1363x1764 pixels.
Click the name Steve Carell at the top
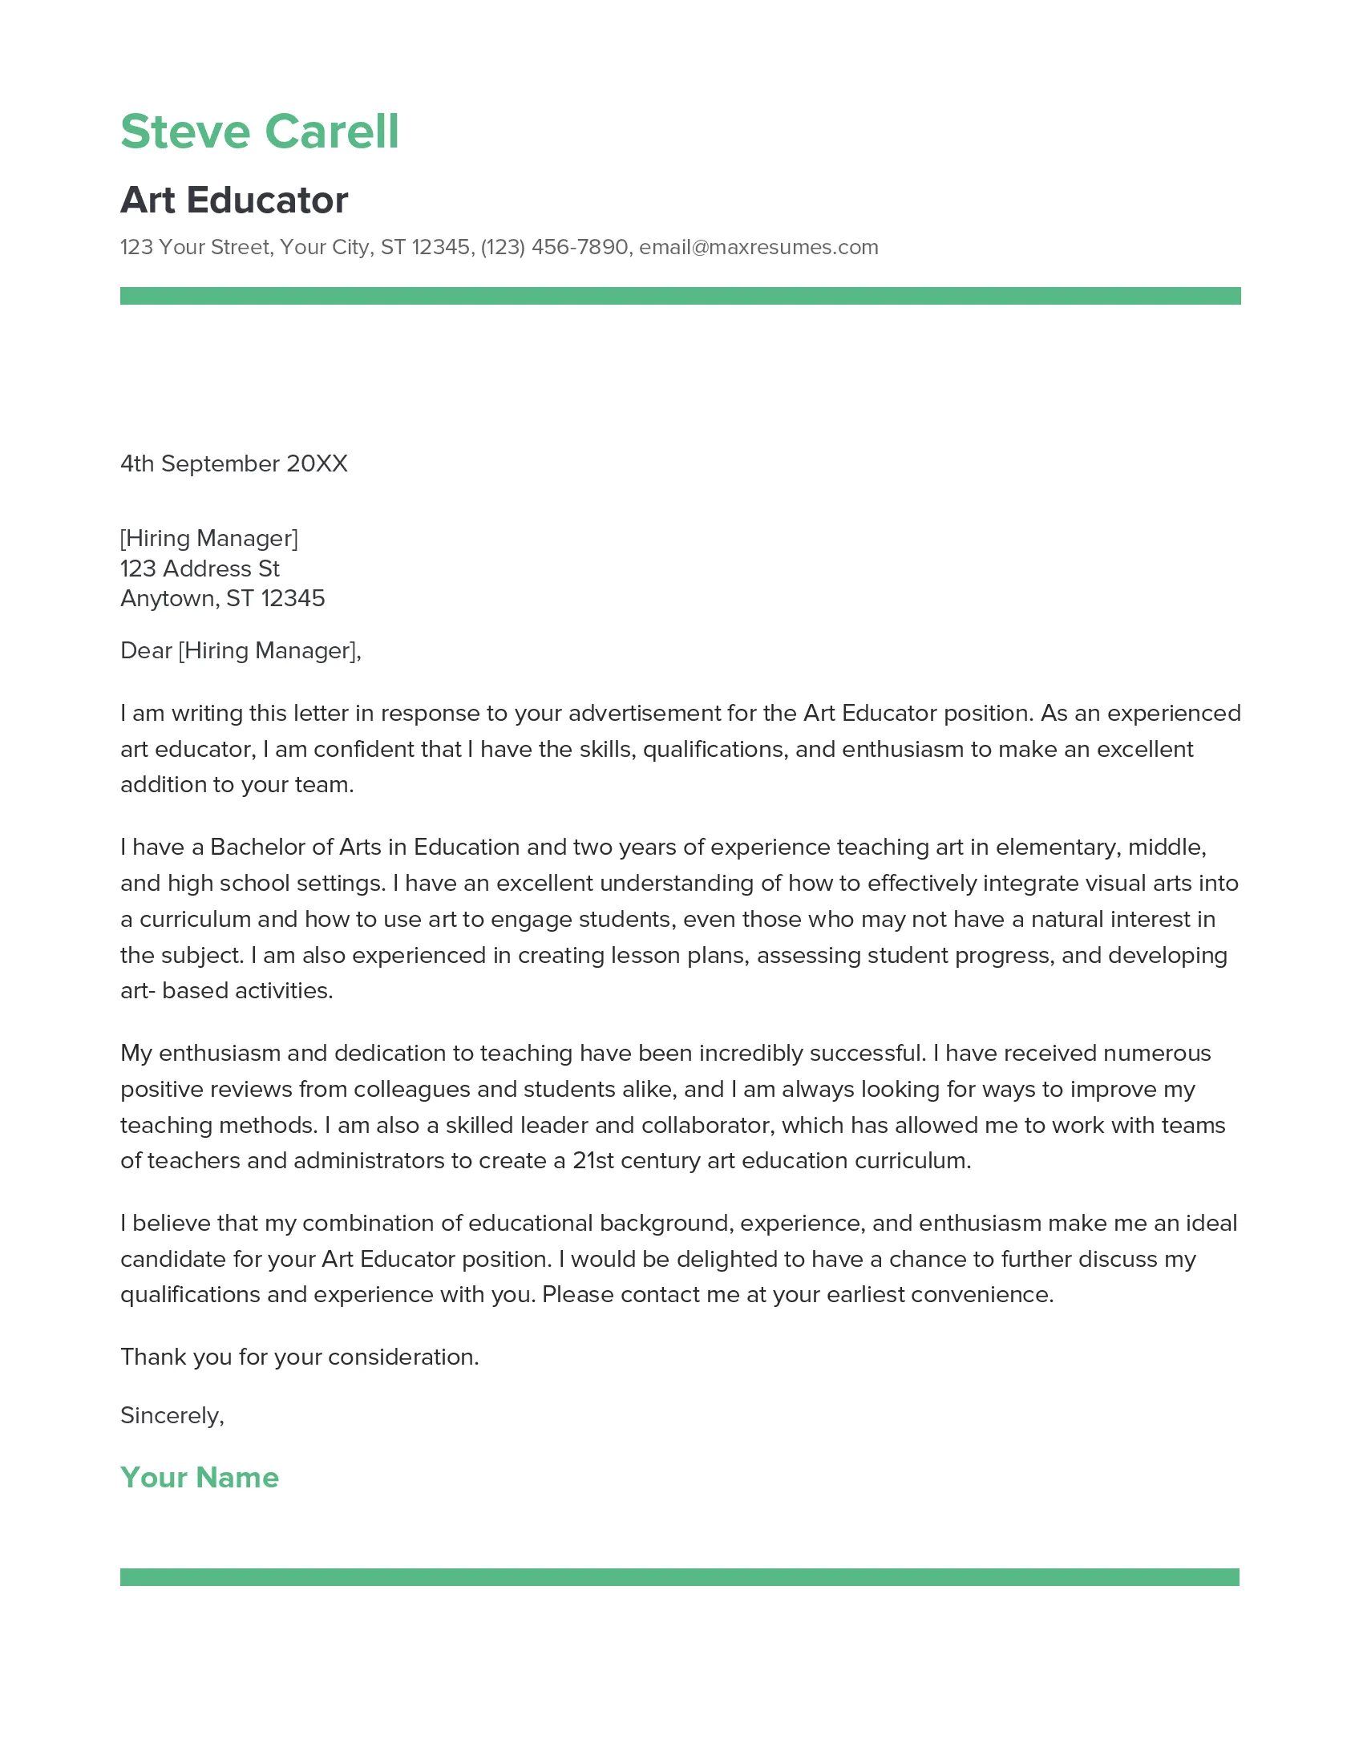pos(259,131)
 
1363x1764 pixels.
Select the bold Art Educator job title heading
pos(234,200)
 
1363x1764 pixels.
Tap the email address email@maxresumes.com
pos(758,247)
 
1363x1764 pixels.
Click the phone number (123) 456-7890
pos(554,247)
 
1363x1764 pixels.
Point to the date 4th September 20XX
pos(233,463)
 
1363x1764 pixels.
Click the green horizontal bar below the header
pos(680,296)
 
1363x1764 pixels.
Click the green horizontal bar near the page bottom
pos(679,1576)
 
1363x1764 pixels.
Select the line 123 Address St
pos(200,568)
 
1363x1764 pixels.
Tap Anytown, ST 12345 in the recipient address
pos(222,598)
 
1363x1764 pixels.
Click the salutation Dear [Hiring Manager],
pos(241,650)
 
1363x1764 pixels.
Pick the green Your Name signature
pos(200,1476)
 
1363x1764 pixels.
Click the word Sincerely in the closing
pos(169,1415)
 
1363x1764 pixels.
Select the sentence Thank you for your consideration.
pos(300,1357)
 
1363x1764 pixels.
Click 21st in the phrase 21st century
pos(593,1161)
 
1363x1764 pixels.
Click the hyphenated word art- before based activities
pos(137,991)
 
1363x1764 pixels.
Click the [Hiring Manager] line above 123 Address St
pos(209,538)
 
